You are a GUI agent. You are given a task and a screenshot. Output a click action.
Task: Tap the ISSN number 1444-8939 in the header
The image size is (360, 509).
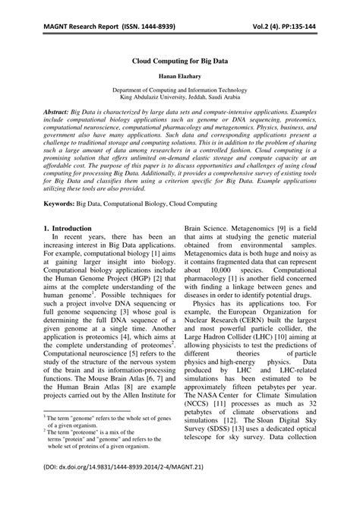coord(149,10)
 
